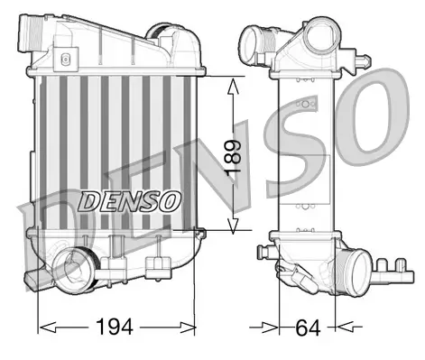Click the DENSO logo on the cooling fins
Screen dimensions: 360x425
coord(132,199)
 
